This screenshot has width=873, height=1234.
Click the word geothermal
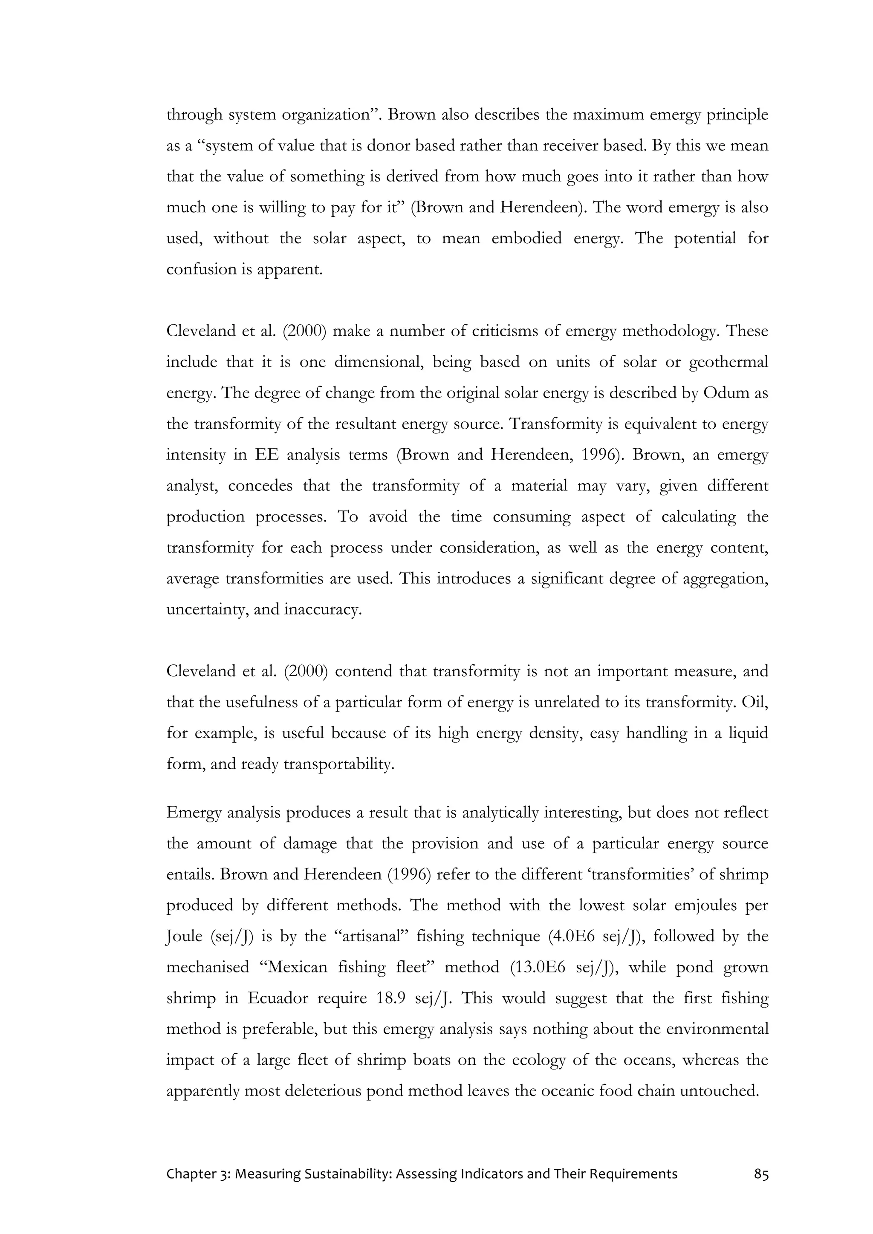(x=728, y=362)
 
